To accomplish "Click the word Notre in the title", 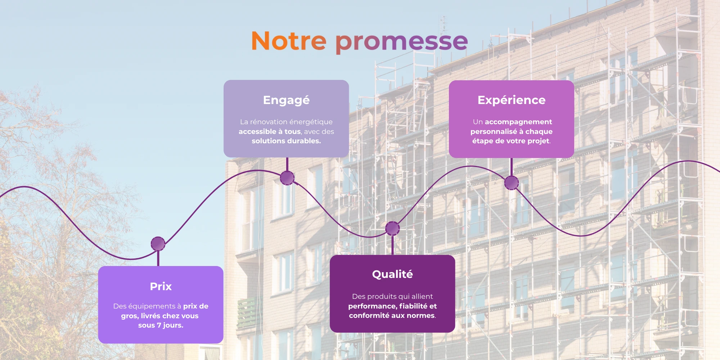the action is [x=289, y=41].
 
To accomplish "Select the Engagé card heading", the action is [x=286, y=100].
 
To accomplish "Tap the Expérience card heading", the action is [x=512, y=100].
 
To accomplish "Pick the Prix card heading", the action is [x=161, y=286].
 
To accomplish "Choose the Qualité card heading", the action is [x=392, y=274].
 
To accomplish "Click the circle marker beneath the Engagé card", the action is [x=287, y=178].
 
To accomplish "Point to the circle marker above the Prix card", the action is [x=158, y=244].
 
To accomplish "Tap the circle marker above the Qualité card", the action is [x=392, y=228].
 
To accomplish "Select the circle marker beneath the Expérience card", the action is [x=512, y=183].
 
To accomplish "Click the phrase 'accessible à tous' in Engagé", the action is [x=270, y=132].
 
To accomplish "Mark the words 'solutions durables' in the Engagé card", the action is [x=286, y=141].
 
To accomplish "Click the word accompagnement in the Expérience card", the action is [x=518, y=122].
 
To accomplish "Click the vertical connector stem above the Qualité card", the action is [x=392, y=245].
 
